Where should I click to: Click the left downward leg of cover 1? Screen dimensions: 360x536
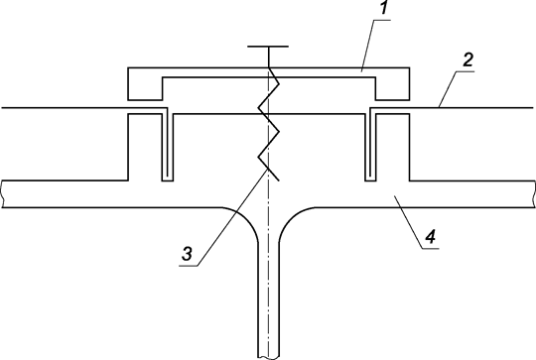147,87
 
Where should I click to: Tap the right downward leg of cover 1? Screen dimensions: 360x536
390,87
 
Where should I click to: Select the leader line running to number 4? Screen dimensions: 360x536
408,218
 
